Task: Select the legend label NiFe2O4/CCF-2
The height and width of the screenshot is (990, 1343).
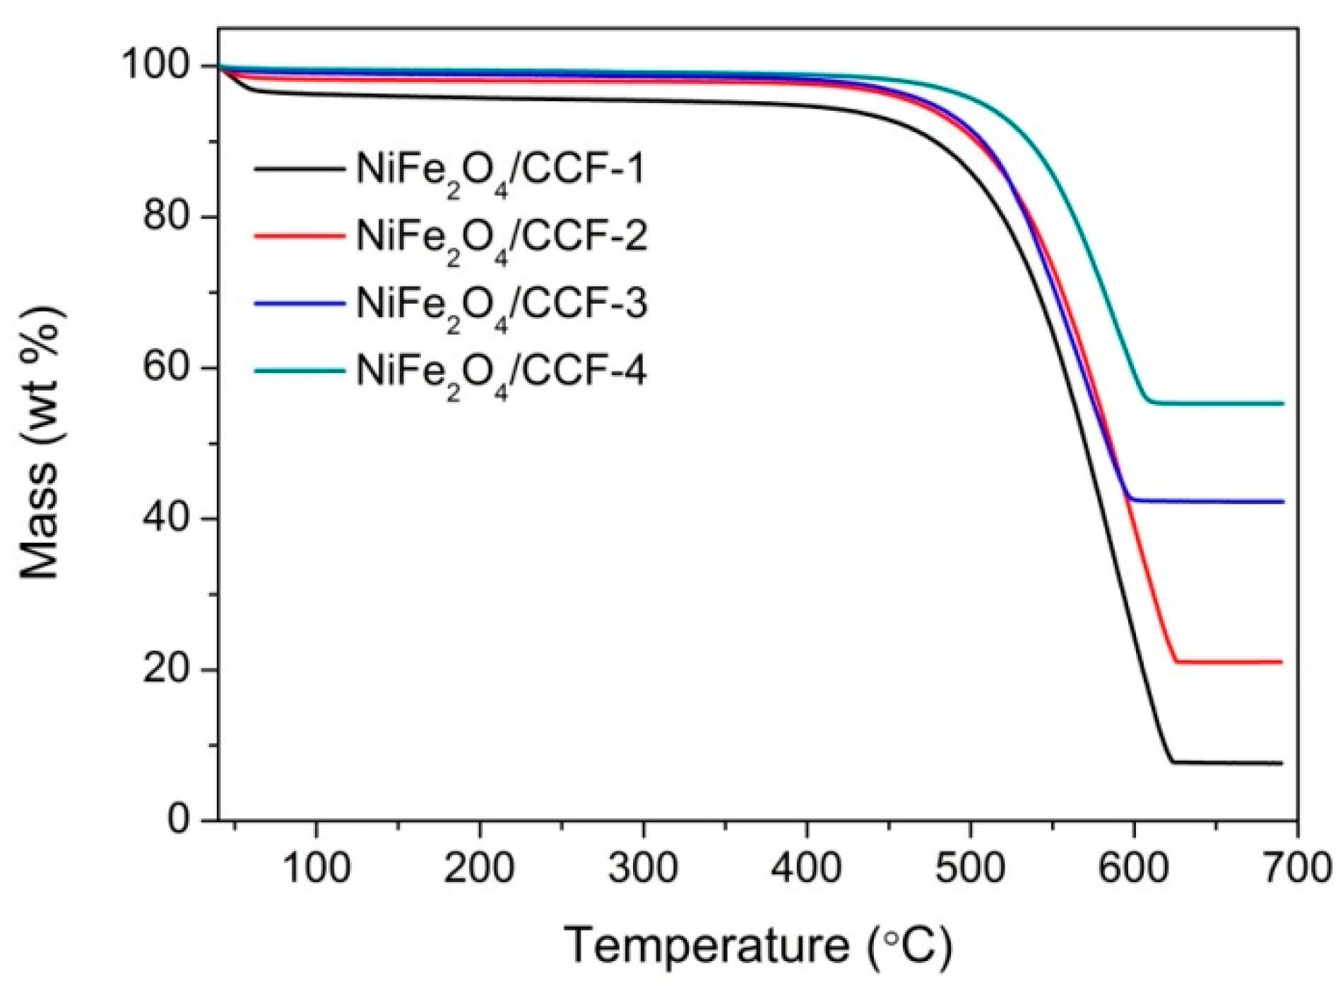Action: point(500,238)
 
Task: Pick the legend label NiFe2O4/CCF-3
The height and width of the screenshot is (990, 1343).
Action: point(500,306)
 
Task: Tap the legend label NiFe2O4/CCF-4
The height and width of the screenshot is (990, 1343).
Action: point(500,373)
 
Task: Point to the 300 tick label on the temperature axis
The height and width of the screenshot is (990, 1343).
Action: point(643,868)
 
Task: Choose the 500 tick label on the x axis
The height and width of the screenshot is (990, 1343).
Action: point(970,868)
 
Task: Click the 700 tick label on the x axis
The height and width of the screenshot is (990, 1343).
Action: point(1297,868)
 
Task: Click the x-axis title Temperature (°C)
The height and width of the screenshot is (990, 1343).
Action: point(757,945)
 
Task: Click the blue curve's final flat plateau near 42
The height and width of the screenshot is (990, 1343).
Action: point(1208,501)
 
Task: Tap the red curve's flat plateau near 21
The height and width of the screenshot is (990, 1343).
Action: point(1229,662)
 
